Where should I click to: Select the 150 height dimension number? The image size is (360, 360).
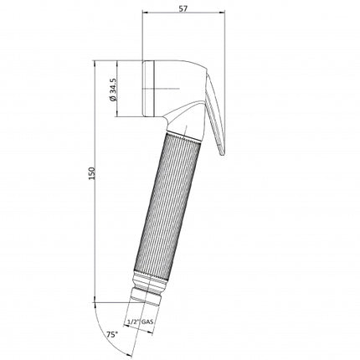pyautogui.click(x=92, y=172)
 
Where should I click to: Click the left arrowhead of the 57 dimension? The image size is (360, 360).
pyautogui.click(x=147, y=14)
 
